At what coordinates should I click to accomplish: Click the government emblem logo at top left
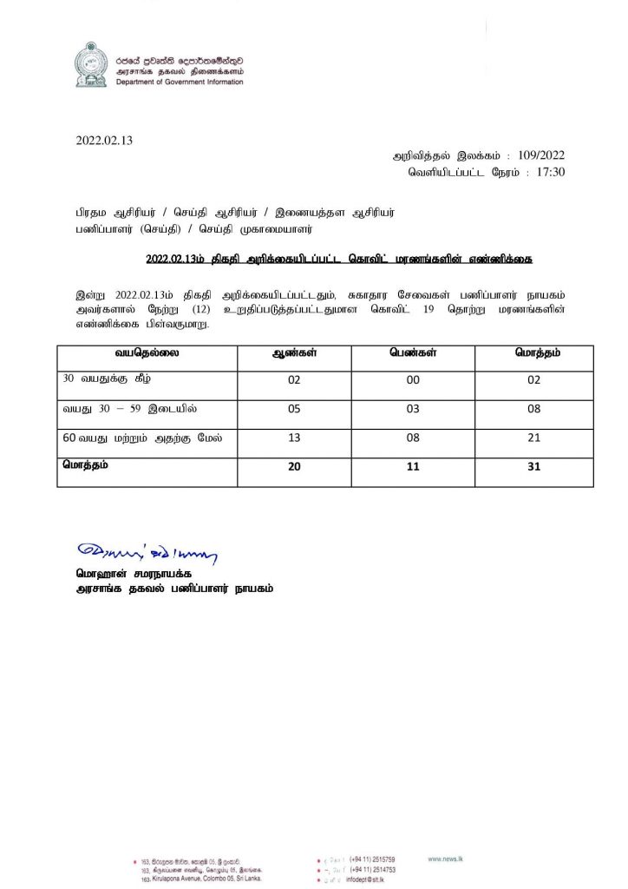(90, 64)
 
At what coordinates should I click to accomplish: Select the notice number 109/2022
(540, 155)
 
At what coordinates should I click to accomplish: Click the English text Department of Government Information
(179, 82)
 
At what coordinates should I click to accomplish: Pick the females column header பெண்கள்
(413, 354)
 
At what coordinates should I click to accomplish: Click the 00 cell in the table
(413, 379)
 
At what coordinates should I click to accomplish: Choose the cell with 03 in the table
(413, 409)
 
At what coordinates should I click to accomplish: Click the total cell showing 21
(533, 438)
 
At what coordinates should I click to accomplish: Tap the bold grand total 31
(533, 466)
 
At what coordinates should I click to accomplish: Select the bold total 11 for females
(413, 466)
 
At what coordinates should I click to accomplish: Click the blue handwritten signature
(147, 551)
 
